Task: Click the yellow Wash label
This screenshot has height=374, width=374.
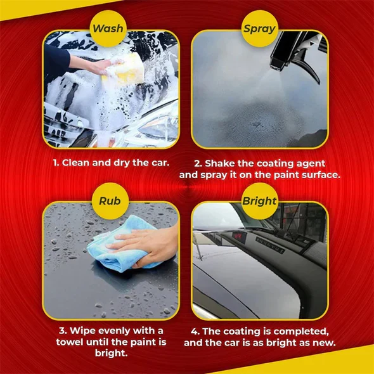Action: tap(109, 29)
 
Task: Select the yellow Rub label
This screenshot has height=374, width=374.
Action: tap(109, 201)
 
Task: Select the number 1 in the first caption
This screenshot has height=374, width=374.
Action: tap(55, 162)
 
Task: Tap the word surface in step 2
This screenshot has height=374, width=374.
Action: tap(317, 174)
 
